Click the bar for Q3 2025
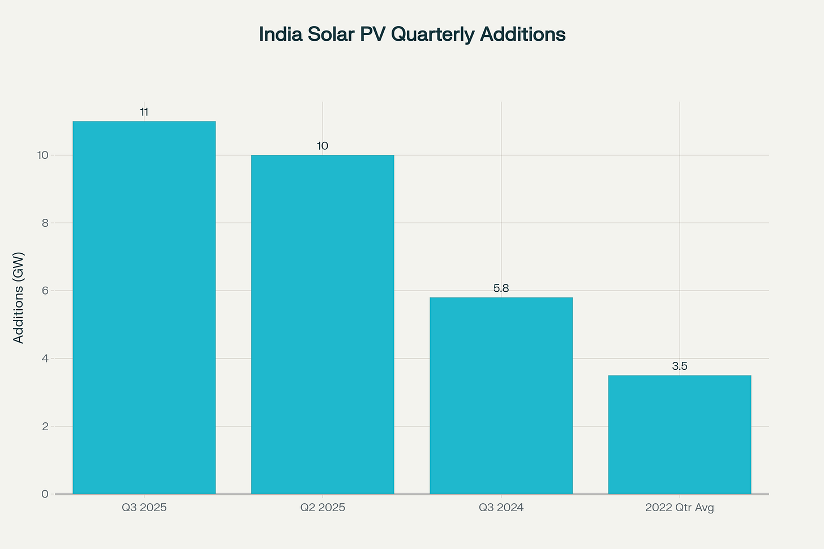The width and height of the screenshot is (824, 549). point(144,308)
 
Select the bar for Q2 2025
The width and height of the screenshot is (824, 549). point(323,325)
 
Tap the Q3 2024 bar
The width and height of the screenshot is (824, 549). point(501,396)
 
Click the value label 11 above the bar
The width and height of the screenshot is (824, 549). point(144,113)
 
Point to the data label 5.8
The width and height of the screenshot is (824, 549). point(501,288)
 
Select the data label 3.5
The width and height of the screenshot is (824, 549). point(679,366)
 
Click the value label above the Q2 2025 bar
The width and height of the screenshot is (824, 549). point(323,146)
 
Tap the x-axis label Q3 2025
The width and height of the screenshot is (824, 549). point(144,508)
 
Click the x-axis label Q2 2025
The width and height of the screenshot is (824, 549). point(323,508)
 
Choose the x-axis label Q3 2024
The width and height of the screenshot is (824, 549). point(501,508)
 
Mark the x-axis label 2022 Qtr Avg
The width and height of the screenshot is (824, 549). point(679,508)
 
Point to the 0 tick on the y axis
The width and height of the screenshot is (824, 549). point(44,494)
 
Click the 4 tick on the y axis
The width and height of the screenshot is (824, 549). point(44,358)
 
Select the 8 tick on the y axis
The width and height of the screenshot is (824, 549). point(44,223)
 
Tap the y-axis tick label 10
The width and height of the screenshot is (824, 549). point(42,155)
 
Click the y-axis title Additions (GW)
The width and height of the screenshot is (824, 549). point(19,297)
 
